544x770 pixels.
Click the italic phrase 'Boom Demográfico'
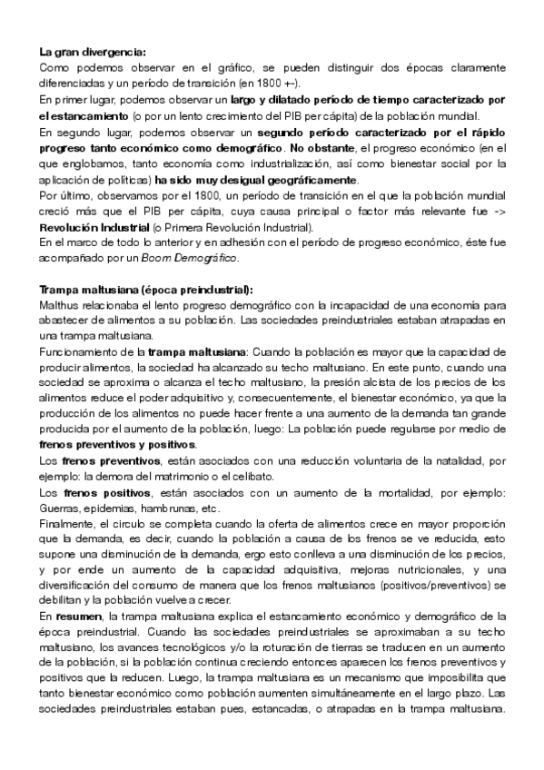[x=200, y=259]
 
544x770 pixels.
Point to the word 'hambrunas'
[x=163, y=508]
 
